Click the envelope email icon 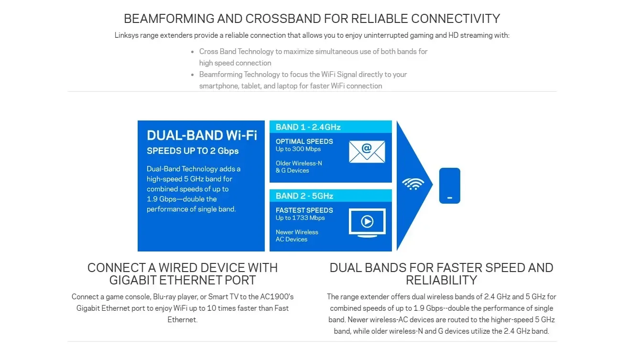pyautogui.click(x=367, y=152)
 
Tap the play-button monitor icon pyautogui.click(x=367, y=222)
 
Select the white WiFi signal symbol pyautogui.click(x=413, y=184)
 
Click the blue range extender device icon pyautogui.click(x=449, y=185)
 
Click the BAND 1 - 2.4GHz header pyautogui.click(x=308, y=127)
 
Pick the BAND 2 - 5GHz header pyautogui.click(x=304, y=196)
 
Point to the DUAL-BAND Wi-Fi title pyautogui.click(x=202, y=135)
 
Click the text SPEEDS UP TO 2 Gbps pyautogui.click(x=193, y=151)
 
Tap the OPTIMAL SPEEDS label pyautogui.click(x=304, y=142)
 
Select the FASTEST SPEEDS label pyautogui.click(x=304, y=210)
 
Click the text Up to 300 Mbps pyautogui.click(x=298, y=149)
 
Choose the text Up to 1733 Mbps pyautogui.click(x=300, y=218)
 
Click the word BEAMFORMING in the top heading pyautogui.click(x=169, y=19)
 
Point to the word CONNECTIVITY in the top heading pyautogui.click(x=455, y=19)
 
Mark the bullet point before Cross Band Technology pyautogui.click(x=193, y=52)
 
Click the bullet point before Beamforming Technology pyautogui.click(x=193, y=75)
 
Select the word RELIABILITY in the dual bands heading pyautogui.click(x=441, y=280)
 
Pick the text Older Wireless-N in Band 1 pyautogui.click(x=299, y=164)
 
